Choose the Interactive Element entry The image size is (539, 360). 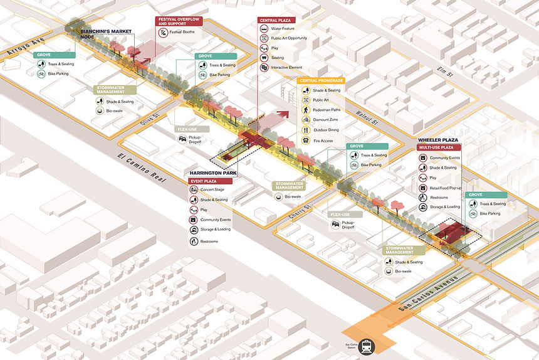point(286,67)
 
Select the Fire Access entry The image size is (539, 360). point(322,140)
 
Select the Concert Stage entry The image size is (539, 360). point(212,190)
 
